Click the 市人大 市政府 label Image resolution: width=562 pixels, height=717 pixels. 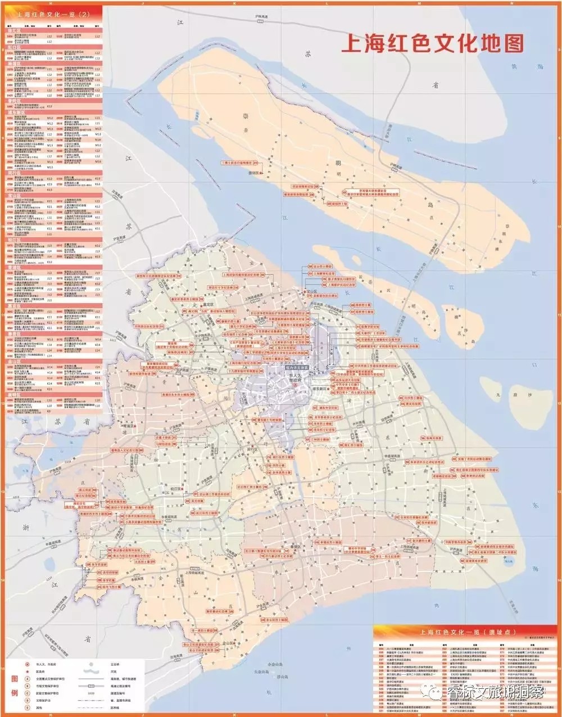tap(296, 377)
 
